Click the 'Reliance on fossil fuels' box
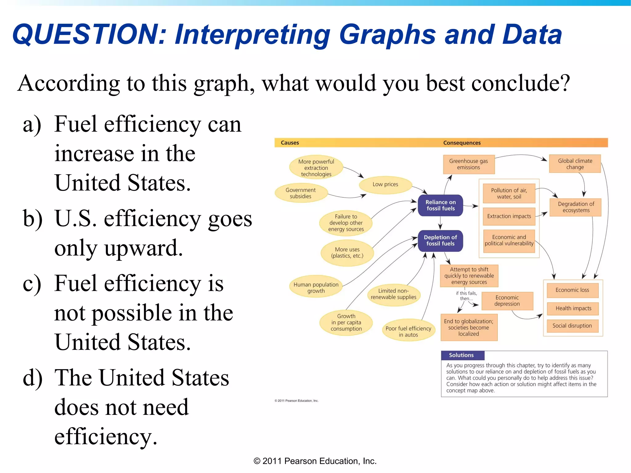click(x=440, y=205)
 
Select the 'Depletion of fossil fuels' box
click(x=440, y=241)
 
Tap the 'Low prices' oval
click(x=385, y=184)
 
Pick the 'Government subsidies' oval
click(x=300, y=193)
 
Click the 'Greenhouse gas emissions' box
click(x=468, y=164)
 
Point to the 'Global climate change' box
click(x=575, y=164)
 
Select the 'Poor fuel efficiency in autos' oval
click(x=408, y=331)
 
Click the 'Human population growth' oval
click(x=316, y=287)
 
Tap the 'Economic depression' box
click(x=507, y=301)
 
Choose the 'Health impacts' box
click(x=573, y=308)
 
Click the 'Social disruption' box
click(x=572, y=326)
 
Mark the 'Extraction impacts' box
click(x=509, y=216)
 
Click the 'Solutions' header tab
click(x=462, y=355)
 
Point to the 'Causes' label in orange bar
click(x=290, y=143)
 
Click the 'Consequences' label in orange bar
click(x=462, y=143)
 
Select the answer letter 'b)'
click(x=32, y=219)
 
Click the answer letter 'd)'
click(x=32, y=378)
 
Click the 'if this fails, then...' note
click(x=466, y=296)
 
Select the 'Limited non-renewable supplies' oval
click(x=393, y=294)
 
